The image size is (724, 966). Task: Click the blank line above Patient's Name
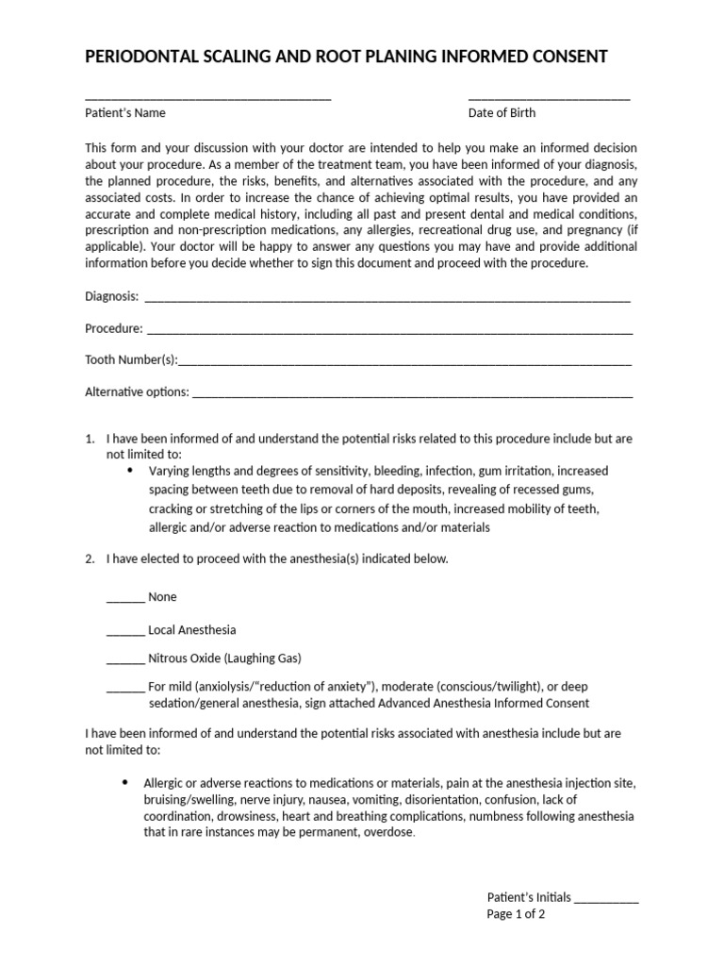pyautogui.click(x=207, y=97)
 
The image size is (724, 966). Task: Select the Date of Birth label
pyautogui.click(x=502, y=113)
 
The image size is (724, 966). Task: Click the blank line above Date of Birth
pyautogui.click(x=549, y=97)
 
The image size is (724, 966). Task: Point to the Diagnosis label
pyautogui.click(x=111, y=296)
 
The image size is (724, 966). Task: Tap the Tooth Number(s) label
pyautogui.click(x=131, y=360)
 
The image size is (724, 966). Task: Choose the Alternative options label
pyautogui.click(x=137, y=392)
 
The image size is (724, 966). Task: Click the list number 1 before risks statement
pyautogui.click(x=90, y=439)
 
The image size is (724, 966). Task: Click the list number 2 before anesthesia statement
pyautogui.click(x=90, y=558)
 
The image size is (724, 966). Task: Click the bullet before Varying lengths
pyautogui.click(x=129, y=470)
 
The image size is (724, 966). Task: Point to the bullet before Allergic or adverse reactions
pyautogui.click(x=124, y=783)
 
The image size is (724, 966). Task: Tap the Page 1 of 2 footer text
pyautogui.click(x=516, y=914)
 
